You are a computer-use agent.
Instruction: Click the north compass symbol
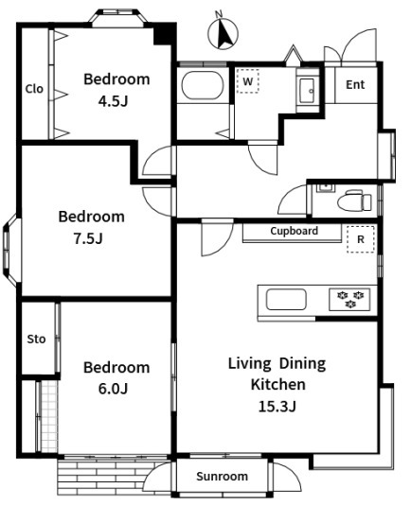click(223, 32)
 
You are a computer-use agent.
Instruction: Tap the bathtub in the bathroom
click(203, 85)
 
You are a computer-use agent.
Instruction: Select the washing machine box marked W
click(247, 81)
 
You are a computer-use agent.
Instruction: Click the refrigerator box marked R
click(361, 239)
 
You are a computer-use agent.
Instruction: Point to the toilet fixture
click(354, 201)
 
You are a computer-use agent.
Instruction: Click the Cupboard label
click(294, 231)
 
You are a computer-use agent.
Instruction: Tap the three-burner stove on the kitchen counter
click(350, 299)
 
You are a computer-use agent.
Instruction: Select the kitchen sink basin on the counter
click(286, 300)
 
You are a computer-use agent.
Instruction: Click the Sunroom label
click(222, 477)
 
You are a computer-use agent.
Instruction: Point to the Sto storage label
click(36, 340)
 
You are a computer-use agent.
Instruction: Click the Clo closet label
click(34, 89)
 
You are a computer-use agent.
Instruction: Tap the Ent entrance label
click(355, 84)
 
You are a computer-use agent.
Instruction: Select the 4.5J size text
click(113, 101)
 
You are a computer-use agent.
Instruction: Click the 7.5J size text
click(88, 238)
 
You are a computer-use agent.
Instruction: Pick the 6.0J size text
click(113, 389)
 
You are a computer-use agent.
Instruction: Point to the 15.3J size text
click(277, 407)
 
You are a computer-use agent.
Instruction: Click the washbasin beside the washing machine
click(308, 91)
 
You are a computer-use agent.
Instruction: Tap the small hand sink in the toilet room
click(326, 187)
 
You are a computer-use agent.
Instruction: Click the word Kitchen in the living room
click(277, 384)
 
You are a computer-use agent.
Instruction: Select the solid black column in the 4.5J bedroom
click(165, 34)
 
